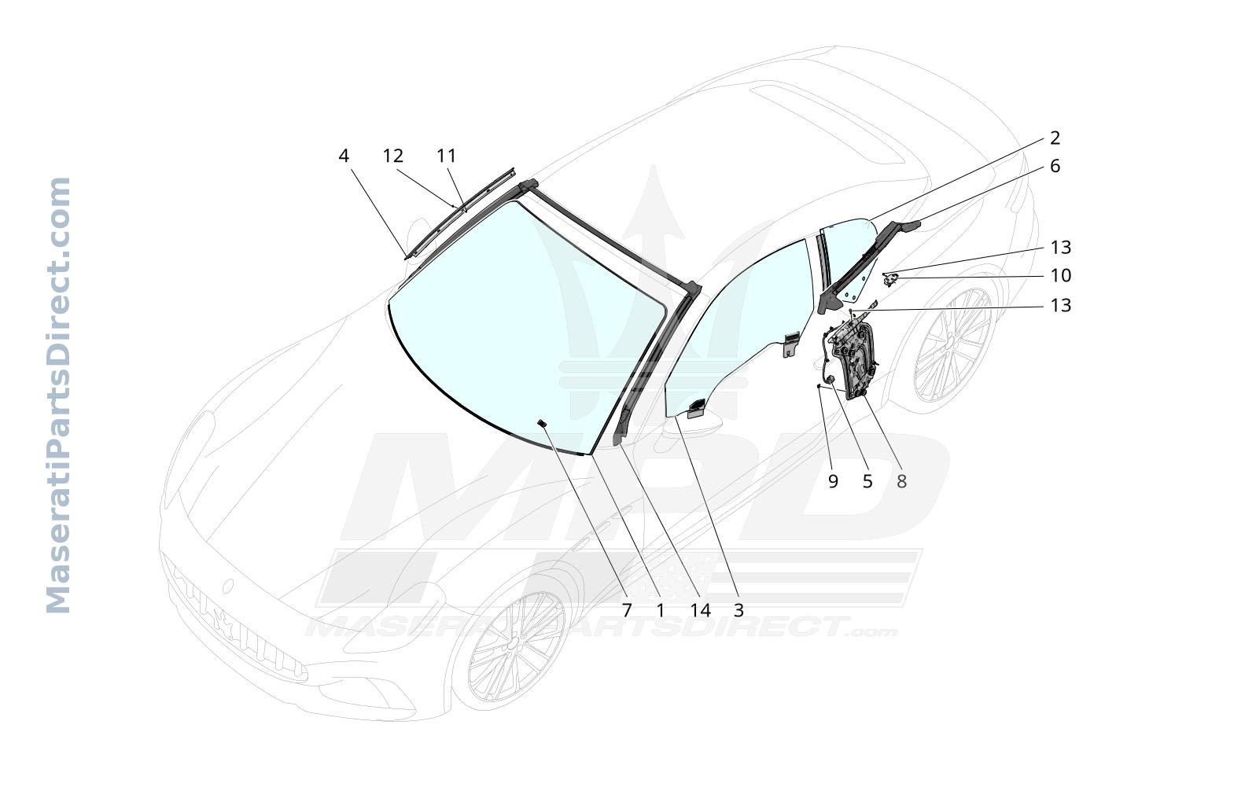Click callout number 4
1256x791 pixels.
[x=344, y=156]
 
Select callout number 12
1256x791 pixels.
[x=392, y=156]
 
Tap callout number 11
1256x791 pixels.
[x=447, y=156]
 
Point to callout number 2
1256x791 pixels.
[x=1055, y=138]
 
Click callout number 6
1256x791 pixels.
[x=1055, y=166]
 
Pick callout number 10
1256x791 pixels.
[x=1060, y=275]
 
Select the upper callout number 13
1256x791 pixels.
[x=1060, y=247]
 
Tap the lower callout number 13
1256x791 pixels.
[x=1060, y=306]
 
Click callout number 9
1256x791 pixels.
[x=833, y=481]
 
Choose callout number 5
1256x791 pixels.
[x=867, y=481]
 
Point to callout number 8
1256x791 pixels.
[x=901, y=481]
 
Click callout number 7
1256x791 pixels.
[x=626, y=610]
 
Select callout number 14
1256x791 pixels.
[x=700, y=610]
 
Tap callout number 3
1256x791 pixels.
[x=738, y=610]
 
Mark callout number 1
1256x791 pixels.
[x=661, y=610]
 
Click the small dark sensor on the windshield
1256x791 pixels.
[x=542, y=423]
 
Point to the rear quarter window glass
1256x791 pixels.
[x=848, y=255]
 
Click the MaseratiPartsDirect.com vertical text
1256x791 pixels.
[x=57, y=395]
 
